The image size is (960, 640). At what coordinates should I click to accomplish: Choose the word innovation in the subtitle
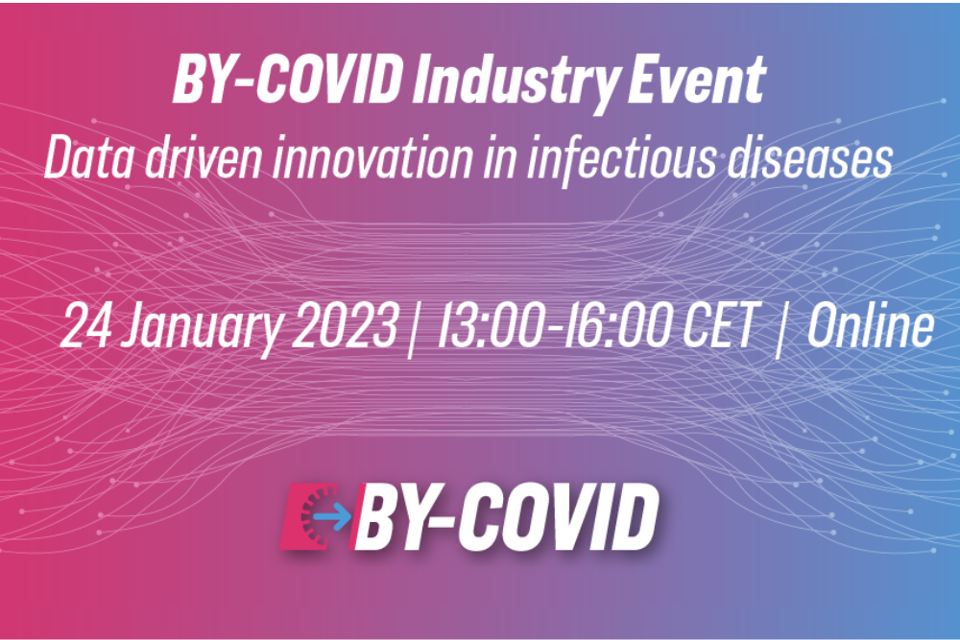coord(372,158)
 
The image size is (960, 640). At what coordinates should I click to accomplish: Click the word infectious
coord(620,160)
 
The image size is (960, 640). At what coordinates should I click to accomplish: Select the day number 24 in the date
coord(85,325)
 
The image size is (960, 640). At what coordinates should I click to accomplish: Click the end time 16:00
coord(617,325)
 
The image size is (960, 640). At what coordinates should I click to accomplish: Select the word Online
coord(871,325)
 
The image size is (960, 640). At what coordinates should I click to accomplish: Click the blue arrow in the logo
coord(332,517)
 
